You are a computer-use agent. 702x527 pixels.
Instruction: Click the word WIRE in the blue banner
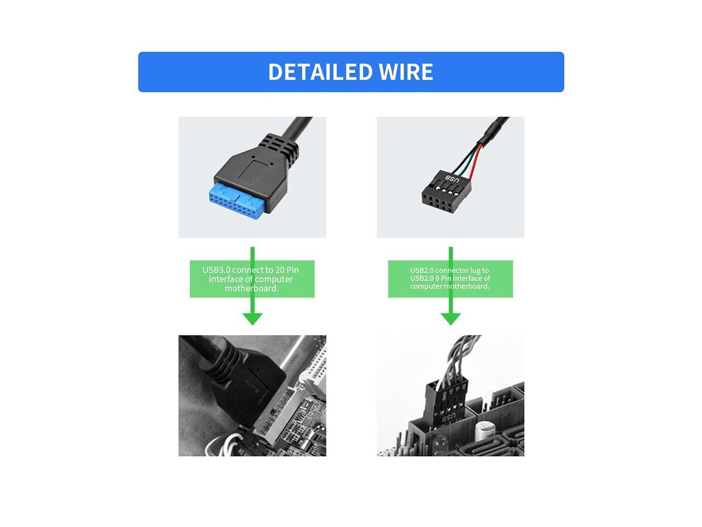coord(406,72)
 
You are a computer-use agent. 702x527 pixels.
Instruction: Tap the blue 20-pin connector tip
coord(238,200)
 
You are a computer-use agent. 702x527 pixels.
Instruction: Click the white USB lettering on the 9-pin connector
coord(453,178)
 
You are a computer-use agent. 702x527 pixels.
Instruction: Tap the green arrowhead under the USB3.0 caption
coord(252,318)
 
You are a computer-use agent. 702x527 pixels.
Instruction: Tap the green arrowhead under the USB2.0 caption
coord(450,318)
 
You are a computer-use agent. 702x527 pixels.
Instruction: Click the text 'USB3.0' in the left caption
coord(217,270)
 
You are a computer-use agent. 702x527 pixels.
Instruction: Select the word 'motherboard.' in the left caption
coord(252,288)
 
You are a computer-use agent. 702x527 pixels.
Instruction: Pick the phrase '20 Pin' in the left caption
coord(287,270)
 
